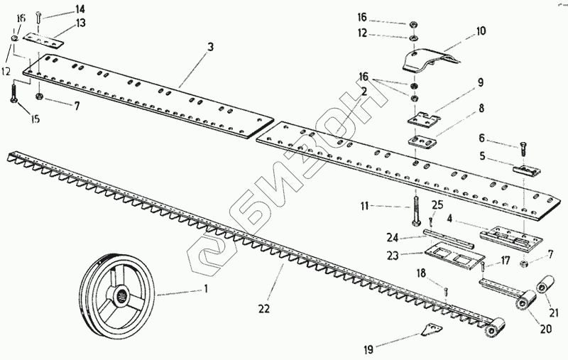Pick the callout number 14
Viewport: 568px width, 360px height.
tap(80, 9)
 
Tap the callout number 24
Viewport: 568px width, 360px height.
tap(392, 237)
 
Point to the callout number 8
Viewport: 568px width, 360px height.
tap(481, 109)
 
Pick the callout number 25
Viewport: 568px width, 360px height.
tap(438, 204)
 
